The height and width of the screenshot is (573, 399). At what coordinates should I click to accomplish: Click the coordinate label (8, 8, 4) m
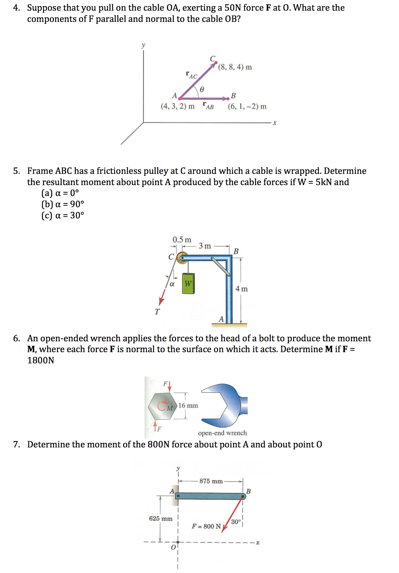pos(235,67)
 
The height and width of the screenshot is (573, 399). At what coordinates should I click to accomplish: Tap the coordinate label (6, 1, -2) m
pos(247,106)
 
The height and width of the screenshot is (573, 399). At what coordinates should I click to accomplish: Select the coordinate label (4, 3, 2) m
pos(177,106)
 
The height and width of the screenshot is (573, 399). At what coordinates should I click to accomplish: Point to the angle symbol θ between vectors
pos(202,90)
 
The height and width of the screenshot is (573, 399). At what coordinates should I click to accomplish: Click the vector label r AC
pos(191,75)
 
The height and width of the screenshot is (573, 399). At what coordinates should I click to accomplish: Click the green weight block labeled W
pos(188,283)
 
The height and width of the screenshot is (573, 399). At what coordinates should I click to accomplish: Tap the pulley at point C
pos(181,258)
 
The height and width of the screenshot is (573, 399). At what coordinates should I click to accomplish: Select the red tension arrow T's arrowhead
pos(161,302)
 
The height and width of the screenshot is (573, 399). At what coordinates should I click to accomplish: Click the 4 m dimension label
pos(241,289)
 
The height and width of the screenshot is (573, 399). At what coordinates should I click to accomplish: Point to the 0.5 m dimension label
pos(182,240)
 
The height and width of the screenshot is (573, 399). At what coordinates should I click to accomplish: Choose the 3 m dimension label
pos(205,246)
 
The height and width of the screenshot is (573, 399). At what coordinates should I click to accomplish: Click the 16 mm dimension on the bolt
pos(188,406)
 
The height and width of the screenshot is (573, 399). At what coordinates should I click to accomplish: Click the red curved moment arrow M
pos(163,406)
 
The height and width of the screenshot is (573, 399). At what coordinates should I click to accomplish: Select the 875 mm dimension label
pos(211,481)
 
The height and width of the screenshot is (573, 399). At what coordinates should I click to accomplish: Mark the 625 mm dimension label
pos(161,518)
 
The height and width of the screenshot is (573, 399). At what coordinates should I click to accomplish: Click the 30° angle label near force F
pos(236,522)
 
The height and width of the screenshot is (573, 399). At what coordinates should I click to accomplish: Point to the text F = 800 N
pos(206,526)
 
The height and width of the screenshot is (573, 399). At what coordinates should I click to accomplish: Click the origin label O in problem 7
pos(173,547)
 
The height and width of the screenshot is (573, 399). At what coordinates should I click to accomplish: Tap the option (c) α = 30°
pos(63,215)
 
